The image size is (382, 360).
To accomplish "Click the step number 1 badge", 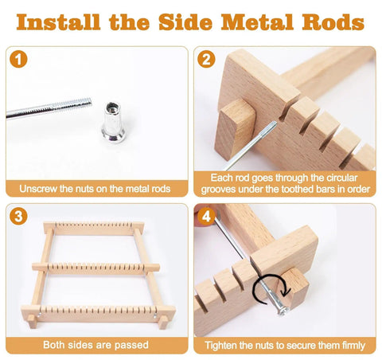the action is click(x=18, y=59).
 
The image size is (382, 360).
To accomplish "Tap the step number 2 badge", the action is click(x=206, y=59).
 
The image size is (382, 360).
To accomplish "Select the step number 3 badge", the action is click(x=18, y=217).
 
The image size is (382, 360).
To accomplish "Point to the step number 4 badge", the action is click(x=206, y=217).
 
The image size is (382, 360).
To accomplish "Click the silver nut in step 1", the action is click(x=113, y=122).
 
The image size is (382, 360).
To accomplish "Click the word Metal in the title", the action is click(x=257, y=22).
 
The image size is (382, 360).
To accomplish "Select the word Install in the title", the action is click(x=58, y=22).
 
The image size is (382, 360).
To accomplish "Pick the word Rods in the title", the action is click(x=333, y=22).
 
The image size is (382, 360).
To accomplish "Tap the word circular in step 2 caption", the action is click(x=341, y=178).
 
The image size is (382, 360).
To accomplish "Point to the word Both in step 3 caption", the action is click(x=54, y=345).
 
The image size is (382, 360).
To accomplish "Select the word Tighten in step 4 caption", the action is click(x=220, y=346).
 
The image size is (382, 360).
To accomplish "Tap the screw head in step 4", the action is click(x=283, y=310).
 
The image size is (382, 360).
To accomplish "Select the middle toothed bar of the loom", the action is click(x=96, y=268).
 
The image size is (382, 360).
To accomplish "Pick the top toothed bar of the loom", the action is click(x=94, y=228).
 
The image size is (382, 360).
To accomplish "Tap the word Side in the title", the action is click(x=185, y=22).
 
